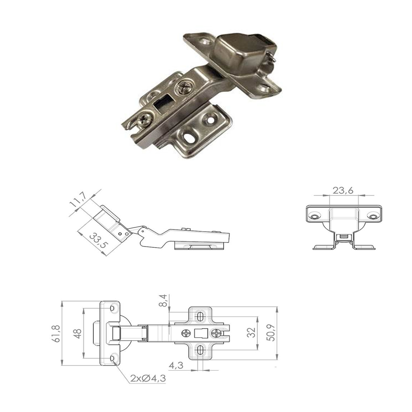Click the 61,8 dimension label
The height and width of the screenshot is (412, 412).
pos(57,333)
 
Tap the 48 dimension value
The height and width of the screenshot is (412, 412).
pos(79,334)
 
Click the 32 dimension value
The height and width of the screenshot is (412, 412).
pos(253,333)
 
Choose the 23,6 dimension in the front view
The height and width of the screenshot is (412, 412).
pos(343,190)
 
